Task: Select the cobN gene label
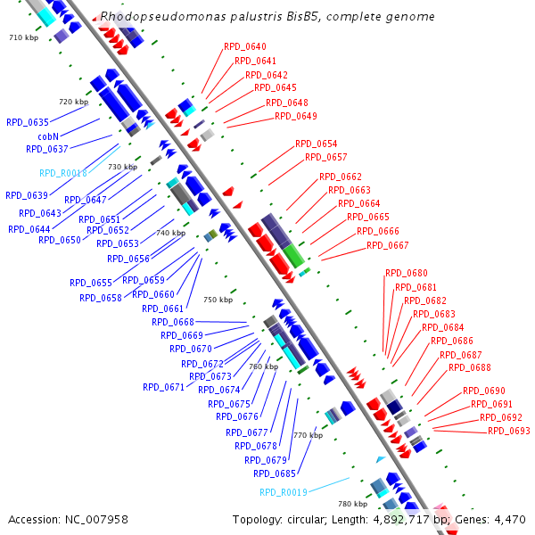click(x=48, y=136)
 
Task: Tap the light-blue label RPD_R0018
click(x=62, y=173)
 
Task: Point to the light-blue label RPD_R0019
click(x=283, y=492)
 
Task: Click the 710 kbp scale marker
click(x=24, y=37)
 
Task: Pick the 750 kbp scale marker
click(x=218, y=300)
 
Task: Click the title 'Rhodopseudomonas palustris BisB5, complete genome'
click(x=267, y=17)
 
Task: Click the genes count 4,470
click(x=507, y=519)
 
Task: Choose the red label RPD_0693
click(x=508, y=431)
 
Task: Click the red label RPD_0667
click(x=388, y=245)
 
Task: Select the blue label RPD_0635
click(x=28, y=122)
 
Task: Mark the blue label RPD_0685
click(x=275, y=473)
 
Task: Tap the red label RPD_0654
click(x=316, y=144)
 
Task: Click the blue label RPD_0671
click(x=163, y=387)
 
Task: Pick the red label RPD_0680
click(x=406, y=273)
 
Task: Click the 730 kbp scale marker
click(x=122, y=167)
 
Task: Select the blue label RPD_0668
click(x=172, y=322)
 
